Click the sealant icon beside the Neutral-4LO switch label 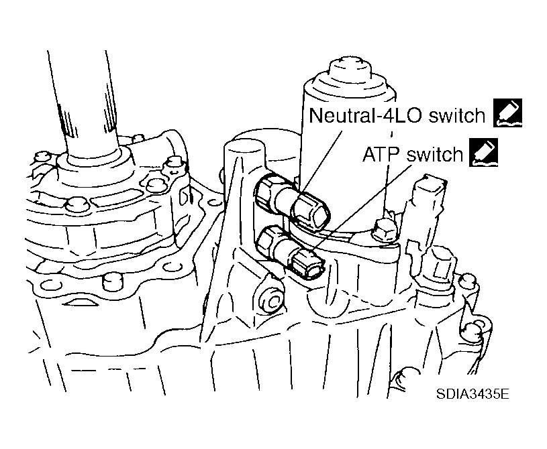click(x=507, y=113)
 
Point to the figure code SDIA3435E click(x=470, y=393)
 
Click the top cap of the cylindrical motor click(x=346, y=71)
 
